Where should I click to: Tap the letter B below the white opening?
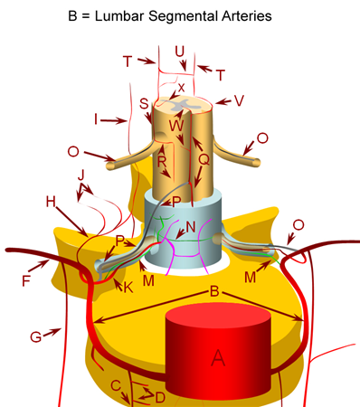[213, 293]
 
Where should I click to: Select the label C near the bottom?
[116, 384]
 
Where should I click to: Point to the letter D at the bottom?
[160, 397]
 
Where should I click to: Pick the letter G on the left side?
[35, 337]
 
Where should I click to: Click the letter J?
[81, 173]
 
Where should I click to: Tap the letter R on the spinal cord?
[163, 161]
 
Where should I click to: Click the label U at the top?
[179, 52]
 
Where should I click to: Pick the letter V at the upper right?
[239, 101]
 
